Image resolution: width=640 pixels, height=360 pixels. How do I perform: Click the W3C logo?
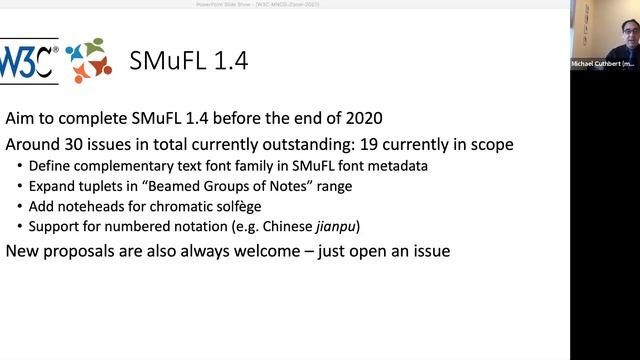(30, 60)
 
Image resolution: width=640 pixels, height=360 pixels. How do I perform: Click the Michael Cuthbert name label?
(605, 63)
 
